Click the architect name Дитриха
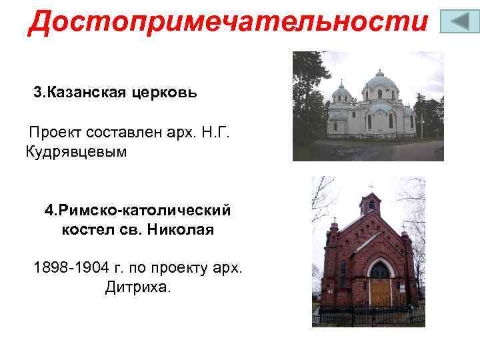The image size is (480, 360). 138,288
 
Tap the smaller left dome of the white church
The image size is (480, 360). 341,94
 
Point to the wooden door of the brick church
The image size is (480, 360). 380,293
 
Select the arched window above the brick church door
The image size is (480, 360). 380,271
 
